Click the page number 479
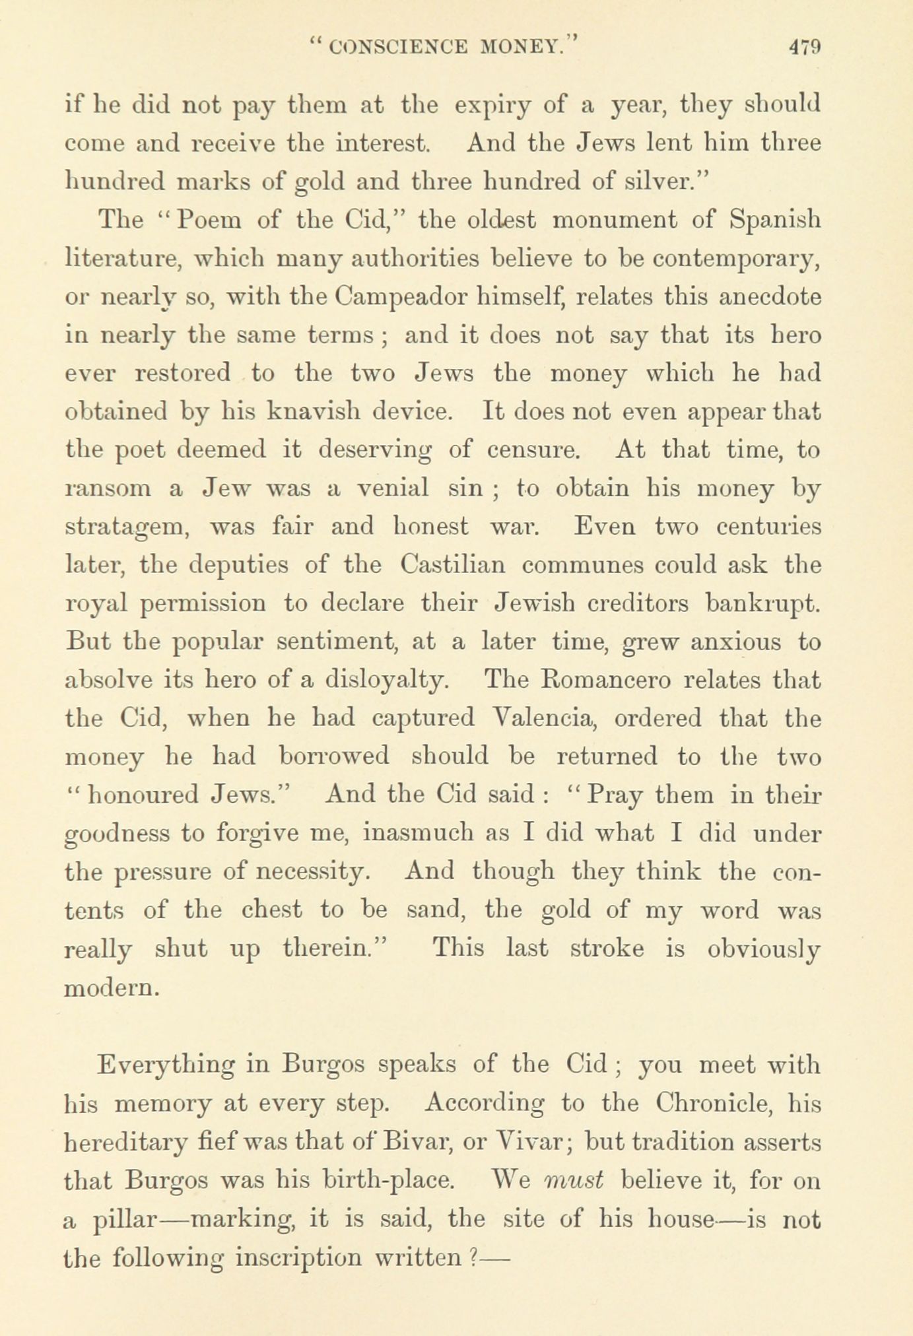coord(803,48)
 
